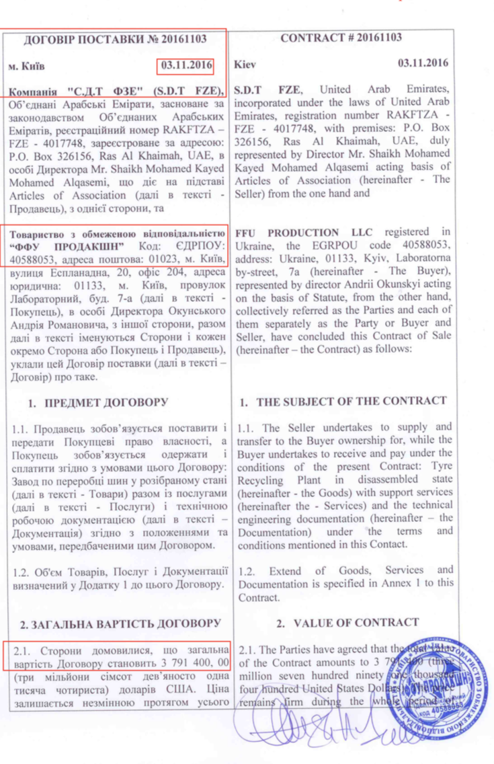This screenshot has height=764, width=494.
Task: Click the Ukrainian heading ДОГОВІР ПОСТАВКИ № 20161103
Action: pos(115,40)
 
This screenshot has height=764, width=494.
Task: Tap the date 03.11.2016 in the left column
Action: pos(186,66)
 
